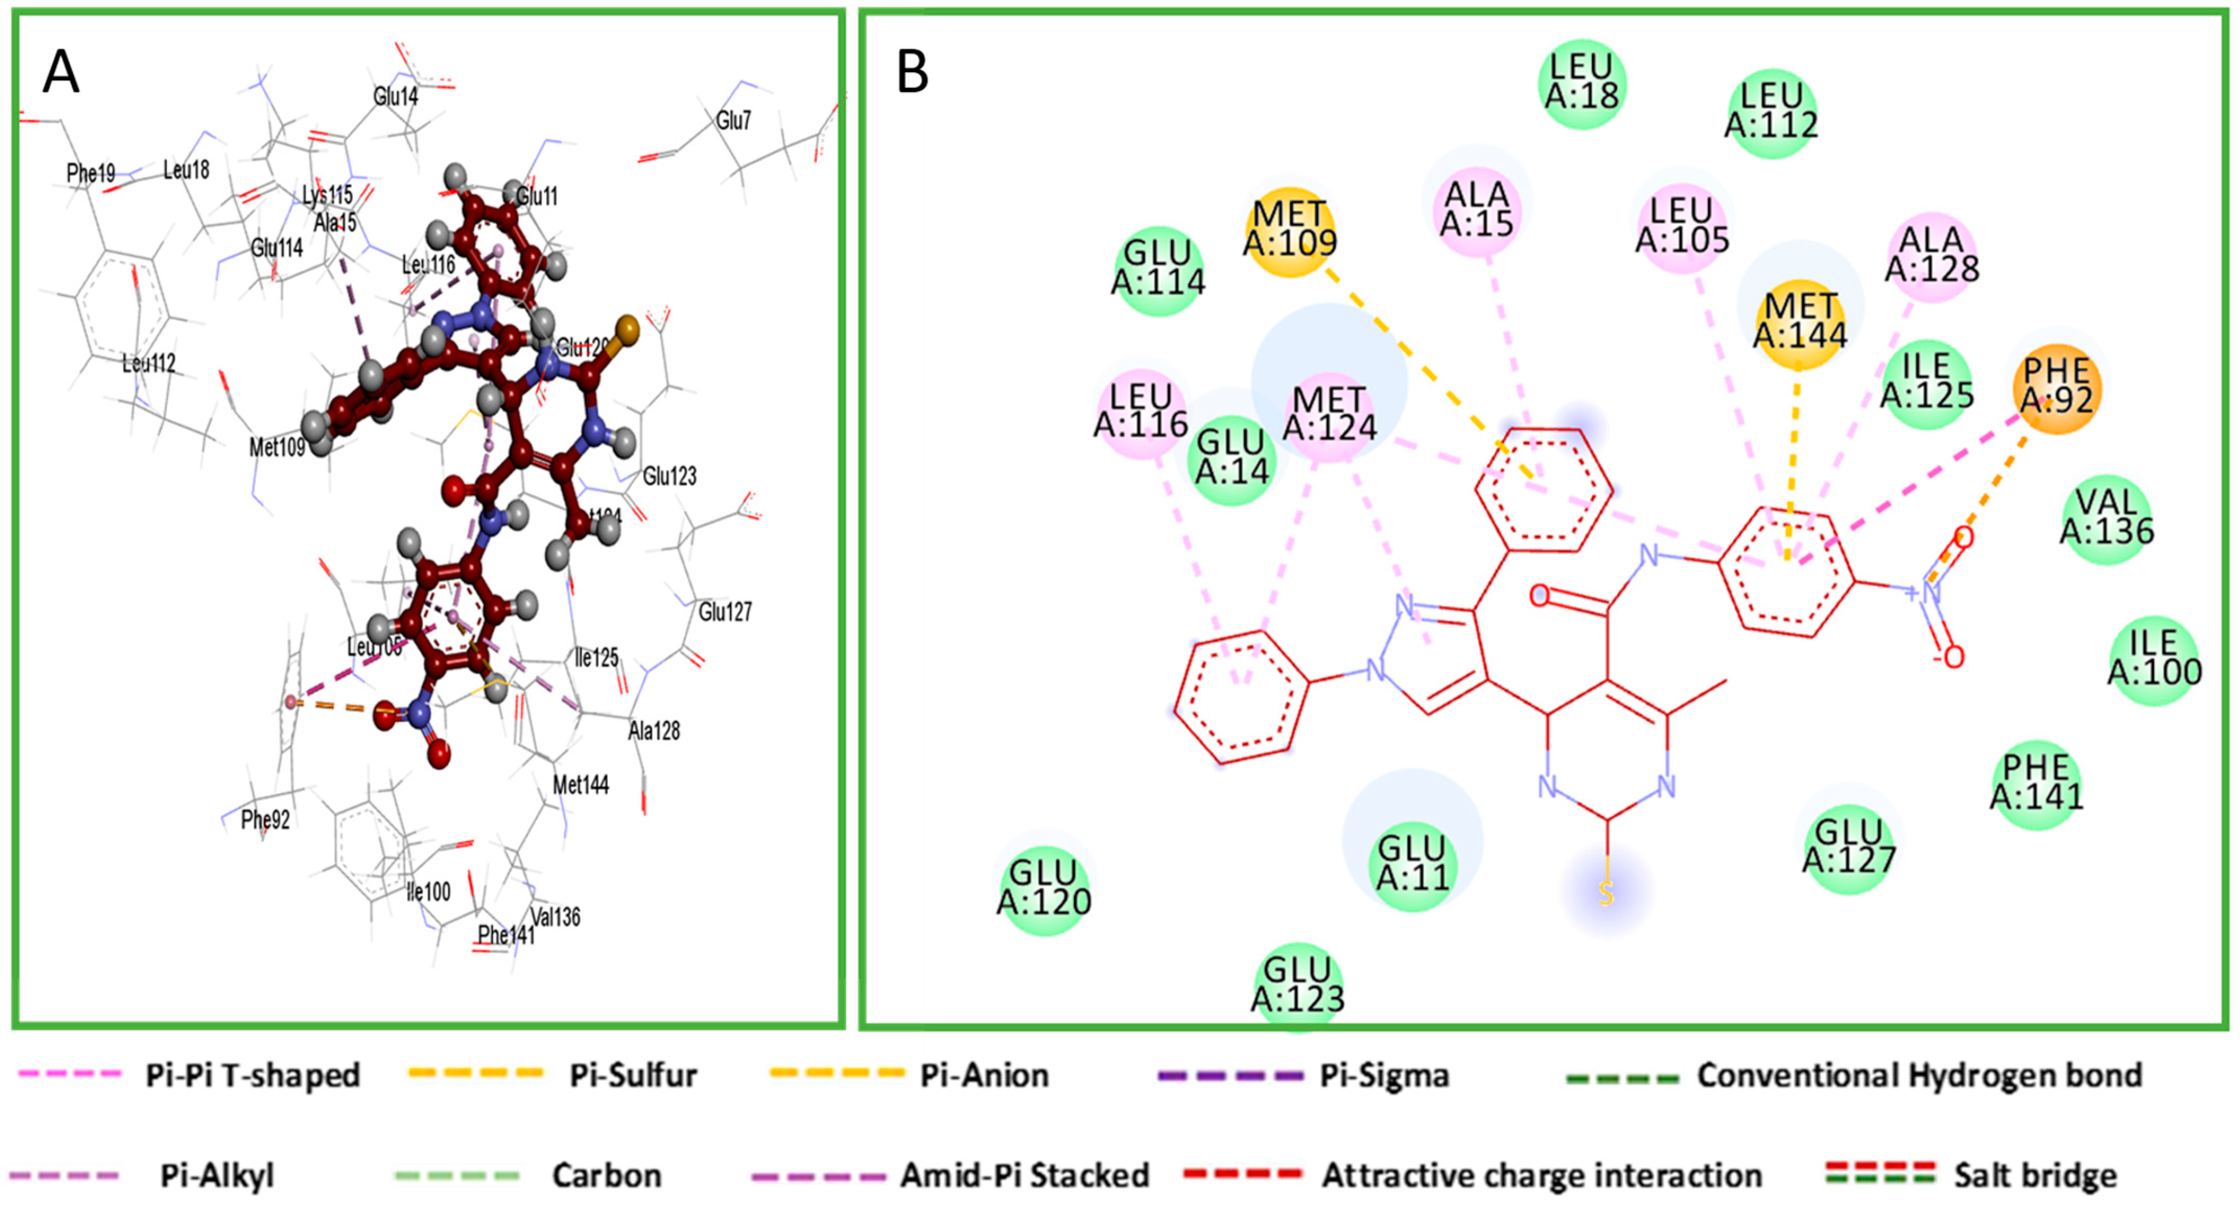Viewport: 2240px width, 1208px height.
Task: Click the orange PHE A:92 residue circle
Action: [2057, 387]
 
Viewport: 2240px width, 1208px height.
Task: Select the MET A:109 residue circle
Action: [1289, 229]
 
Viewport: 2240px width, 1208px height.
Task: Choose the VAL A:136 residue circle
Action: [2106, 518]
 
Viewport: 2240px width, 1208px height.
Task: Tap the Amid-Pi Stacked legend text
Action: [1024, 1176]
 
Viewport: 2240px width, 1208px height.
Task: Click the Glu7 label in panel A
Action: [733, 120]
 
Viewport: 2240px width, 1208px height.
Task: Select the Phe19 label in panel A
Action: [90, 173]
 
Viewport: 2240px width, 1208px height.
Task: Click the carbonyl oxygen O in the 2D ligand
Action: [1539, 596]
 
